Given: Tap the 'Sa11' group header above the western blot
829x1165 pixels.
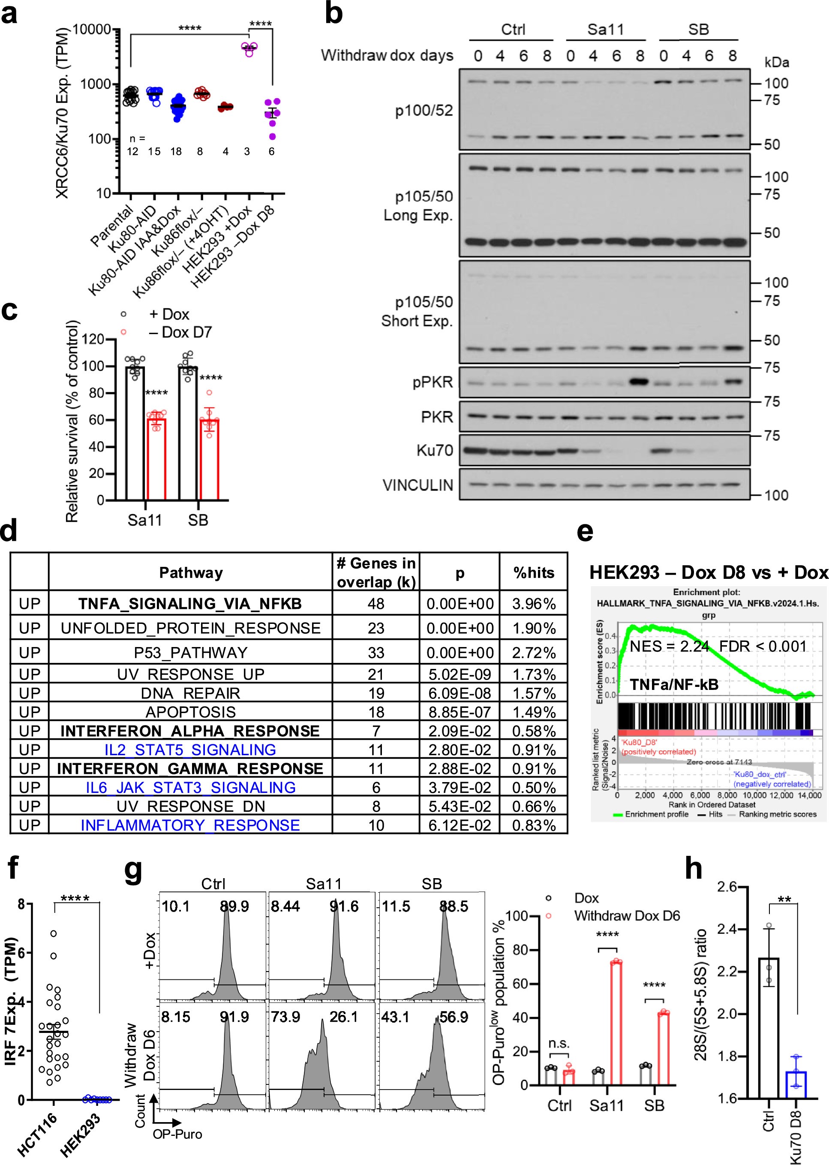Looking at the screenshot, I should [x=605, y=29].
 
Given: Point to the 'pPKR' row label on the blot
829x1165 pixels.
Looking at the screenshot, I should [x=433, y=382].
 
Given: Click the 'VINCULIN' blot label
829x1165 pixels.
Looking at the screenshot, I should [x=418, y=485].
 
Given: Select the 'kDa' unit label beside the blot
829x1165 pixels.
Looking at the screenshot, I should [x=776, y=62].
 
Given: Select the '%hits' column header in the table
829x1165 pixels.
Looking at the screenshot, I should [x=534, y=572].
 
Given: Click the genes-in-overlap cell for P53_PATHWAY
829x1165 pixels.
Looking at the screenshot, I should [x=375, y=653].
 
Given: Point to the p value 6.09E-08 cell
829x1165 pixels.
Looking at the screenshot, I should [x=460, y=693].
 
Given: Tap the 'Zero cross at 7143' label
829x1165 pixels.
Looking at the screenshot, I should [x=719, y=762].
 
